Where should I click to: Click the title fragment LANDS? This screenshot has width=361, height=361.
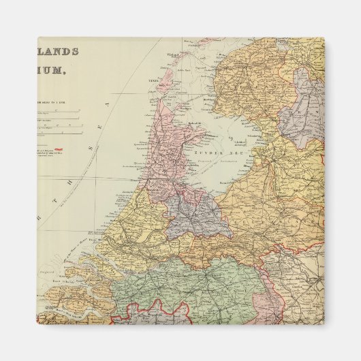point(59,51)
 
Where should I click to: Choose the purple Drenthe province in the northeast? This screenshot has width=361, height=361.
point(302,116)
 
